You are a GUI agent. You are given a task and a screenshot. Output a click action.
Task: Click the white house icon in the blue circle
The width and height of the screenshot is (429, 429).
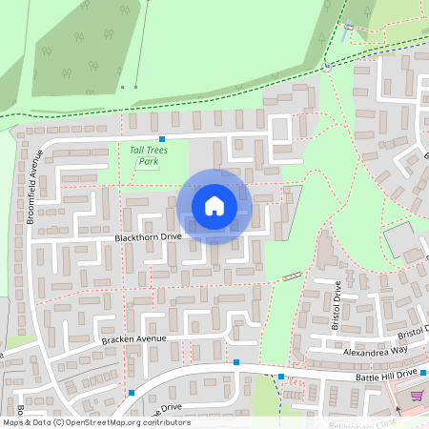[x=214, y=205]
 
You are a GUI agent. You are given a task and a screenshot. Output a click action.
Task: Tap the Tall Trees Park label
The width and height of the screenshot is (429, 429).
[x=143, y=155]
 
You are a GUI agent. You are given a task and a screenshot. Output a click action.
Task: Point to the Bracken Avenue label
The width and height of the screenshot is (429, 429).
[x=133, y=338]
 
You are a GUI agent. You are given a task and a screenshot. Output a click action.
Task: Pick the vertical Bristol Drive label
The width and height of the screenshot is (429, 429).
[x=337, y=302]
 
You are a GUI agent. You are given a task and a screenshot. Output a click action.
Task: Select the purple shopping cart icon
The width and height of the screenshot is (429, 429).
[x=416, y=396]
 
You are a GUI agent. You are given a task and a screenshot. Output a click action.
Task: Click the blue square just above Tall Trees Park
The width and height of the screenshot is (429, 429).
[x=162, y=140]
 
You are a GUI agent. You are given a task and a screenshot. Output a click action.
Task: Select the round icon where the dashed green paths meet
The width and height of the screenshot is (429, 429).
[x=327, y=68]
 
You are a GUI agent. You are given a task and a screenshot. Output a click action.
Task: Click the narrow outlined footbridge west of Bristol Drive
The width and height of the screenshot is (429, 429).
[x=293, y=276]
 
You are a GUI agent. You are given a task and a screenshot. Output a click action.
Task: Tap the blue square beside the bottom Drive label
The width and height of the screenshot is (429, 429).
[x=132, y=393]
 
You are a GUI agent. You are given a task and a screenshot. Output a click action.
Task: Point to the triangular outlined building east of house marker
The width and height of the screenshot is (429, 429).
[x=291, y=203]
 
